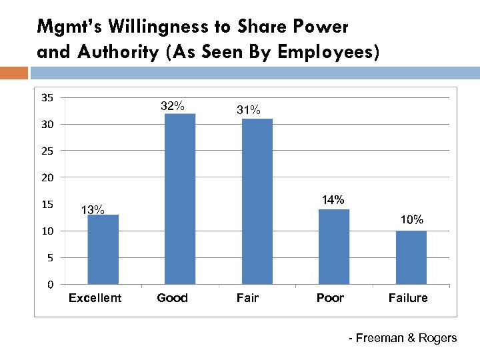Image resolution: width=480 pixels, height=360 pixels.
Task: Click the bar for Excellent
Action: click(x=103, y=249)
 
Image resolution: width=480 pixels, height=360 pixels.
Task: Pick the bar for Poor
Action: click(x=334, y=247)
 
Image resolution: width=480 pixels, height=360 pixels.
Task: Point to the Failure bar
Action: click(x=411, y=257)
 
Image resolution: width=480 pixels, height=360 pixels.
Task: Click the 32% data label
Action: click(x=173, y=106)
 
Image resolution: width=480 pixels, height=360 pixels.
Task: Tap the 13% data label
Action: click(x=92, y=210)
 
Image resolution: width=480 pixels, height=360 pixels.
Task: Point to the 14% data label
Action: click(x=333, y=200)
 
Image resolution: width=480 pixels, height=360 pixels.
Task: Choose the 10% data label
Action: click(x=411, y=219)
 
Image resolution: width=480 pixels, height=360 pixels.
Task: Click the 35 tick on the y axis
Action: click(x=47, y=98)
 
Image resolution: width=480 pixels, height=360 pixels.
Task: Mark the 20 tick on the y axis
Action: click(x=47, y=177)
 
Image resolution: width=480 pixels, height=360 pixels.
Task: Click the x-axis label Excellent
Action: click(x=95, y=298)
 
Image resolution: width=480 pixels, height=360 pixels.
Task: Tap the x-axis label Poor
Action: click(x=330, y=298)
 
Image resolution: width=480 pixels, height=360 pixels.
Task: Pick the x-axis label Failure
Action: click(x=408, y=298)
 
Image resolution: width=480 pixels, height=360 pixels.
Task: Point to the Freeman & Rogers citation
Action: click(x=403, y=338)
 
